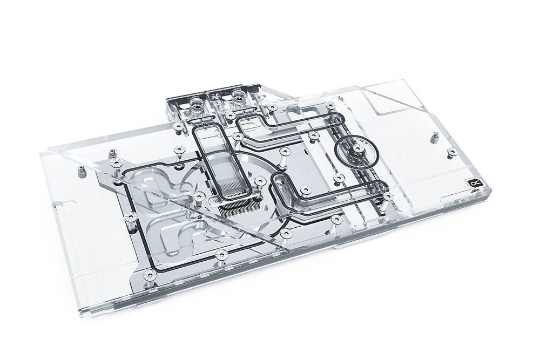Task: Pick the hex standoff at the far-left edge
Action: (x=79, y=173)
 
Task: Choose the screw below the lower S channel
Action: (x=219, y=254)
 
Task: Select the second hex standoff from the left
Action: (x=111, y=152)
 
